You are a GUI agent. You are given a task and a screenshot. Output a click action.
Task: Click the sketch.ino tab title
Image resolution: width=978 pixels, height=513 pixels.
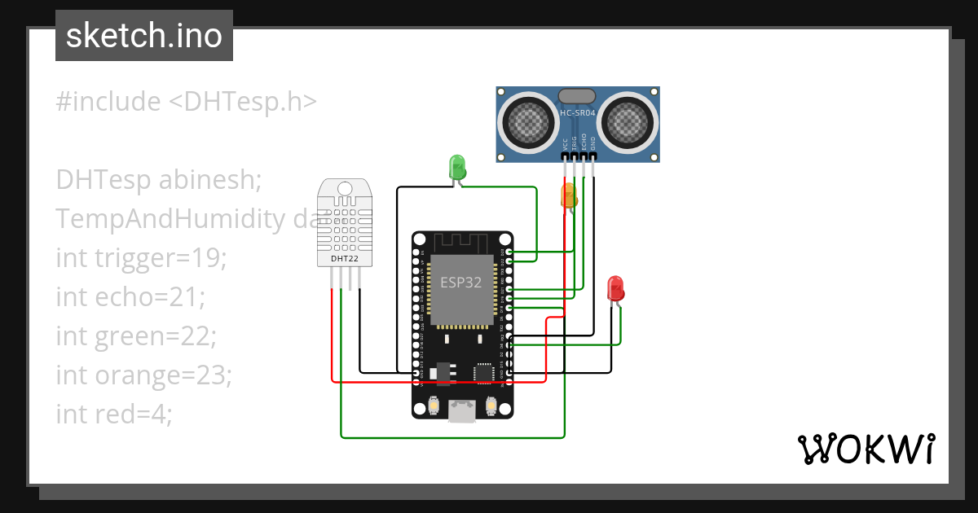point(144,37)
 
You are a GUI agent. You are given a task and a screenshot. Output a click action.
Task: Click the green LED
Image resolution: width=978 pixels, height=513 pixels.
point(457,167)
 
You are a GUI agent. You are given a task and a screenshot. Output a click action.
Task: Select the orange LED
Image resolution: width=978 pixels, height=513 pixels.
point(569,195)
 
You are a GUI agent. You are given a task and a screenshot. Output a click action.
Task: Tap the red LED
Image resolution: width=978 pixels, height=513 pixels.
point(615,288)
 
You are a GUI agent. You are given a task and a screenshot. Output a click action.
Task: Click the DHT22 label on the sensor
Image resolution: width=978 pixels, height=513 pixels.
point(344,259)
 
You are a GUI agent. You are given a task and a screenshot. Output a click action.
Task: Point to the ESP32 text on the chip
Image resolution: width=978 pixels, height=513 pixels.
point(461,283)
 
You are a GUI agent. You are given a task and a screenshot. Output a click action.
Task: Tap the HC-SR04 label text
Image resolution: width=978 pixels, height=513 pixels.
point(578,112)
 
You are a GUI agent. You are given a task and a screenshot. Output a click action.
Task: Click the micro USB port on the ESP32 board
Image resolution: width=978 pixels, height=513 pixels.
point(462,412)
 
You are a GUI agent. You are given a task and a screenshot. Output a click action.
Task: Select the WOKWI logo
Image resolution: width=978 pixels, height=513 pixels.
point(866,449)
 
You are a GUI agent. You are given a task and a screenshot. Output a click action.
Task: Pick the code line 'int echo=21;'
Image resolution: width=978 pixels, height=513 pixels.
point(130,297)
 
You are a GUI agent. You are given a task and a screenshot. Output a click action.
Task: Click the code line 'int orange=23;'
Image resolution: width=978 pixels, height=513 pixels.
point(144,375)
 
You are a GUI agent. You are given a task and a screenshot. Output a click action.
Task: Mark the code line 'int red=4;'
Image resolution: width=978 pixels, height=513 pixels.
point(114,414)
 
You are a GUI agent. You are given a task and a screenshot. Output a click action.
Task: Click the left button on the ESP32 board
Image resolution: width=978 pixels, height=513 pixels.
point(434,405)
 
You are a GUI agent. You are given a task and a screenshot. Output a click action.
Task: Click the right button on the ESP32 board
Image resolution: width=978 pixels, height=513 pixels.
point(491,405)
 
